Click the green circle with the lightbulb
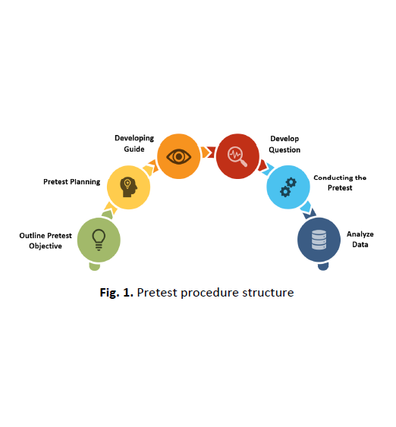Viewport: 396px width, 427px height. pyautogui.click(x=99, y=240)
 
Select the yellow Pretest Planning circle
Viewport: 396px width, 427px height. pyautogui.click(x=128, y=187)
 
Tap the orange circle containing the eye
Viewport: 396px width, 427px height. pyautogui.click(x=179, y=156)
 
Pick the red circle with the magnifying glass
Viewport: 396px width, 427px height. pyautogui.click(x=237, y=156)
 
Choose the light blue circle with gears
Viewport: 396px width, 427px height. pyautogui.click(x=288, y=187)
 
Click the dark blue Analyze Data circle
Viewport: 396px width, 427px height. pyautogui.click(x=319, y=240)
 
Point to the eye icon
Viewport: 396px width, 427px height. pyautogui.click(x=179, y=156)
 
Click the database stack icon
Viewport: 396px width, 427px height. pyautogui.click(x=319, y=240)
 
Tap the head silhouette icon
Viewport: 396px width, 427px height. pyautogui.click(x=128, y=187)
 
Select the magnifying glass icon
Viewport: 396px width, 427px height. pyautogui.click(x=237, y=156)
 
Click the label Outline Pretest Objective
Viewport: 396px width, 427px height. pyautogui.click(x=46, y=240)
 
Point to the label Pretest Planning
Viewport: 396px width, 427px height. pyautogui.click(x=72, y=182)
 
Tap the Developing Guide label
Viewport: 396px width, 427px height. pyautogui.click(x=134, y=143)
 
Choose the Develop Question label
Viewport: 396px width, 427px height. pyautogui.click(x=284, y=144)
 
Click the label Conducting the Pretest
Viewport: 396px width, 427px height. pyautogui.click(x=340, y=183)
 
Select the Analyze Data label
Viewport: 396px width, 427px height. pyautogui.click(x=360, y=240)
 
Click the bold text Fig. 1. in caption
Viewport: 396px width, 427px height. pyautogui.click(x=117, y=293)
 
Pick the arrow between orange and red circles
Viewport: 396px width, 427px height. pyautogui.click(x=209, y=152)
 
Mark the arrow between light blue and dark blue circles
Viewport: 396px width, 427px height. pyautogui.click(x=308, y=210)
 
